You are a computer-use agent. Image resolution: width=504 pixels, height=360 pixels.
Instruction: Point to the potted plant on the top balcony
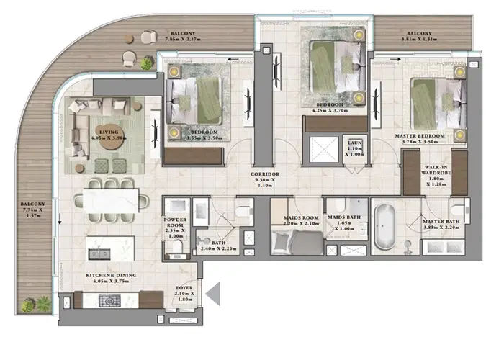[148, 63]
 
